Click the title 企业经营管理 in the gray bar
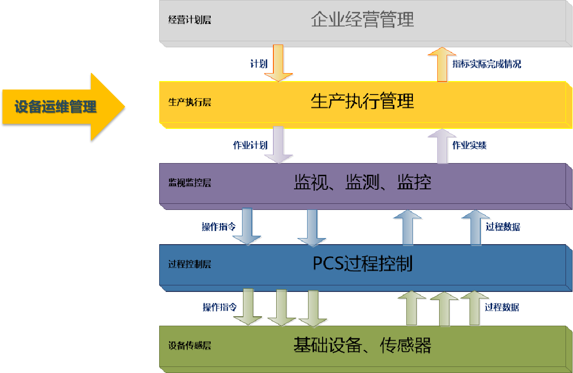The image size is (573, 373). (x=362, y=20)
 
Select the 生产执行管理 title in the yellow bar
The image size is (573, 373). (x=362, y=101)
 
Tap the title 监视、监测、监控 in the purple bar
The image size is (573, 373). (x=362, y=182)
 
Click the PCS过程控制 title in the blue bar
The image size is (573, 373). (x=362, y=264)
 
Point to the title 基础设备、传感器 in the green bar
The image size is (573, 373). (x=362, y=345)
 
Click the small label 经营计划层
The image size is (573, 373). (x=190, y=21)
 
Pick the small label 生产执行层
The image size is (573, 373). (x=190, y=102)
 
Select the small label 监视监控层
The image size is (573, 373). (x=190, y=183)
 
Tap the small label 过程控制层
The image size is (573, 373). (x=190, y=264)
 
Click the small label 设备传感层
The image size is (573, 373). (x=190, y=346)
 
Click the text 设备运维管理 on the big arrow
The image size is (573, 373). (x=55, y=107)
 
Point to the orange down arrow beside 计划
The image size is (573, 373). (x=278, y=63)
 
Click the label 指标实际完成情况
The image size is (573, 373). (x=486, y=64)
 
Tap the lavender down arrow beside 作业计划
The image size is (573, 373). (x=278, y=144)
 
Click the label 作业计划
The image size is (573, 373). (x=250, y=145)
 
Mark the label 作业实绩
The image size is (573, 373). (x=469, y=145)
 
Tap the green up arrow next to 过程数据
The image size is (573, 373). (x=474, y=307)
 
